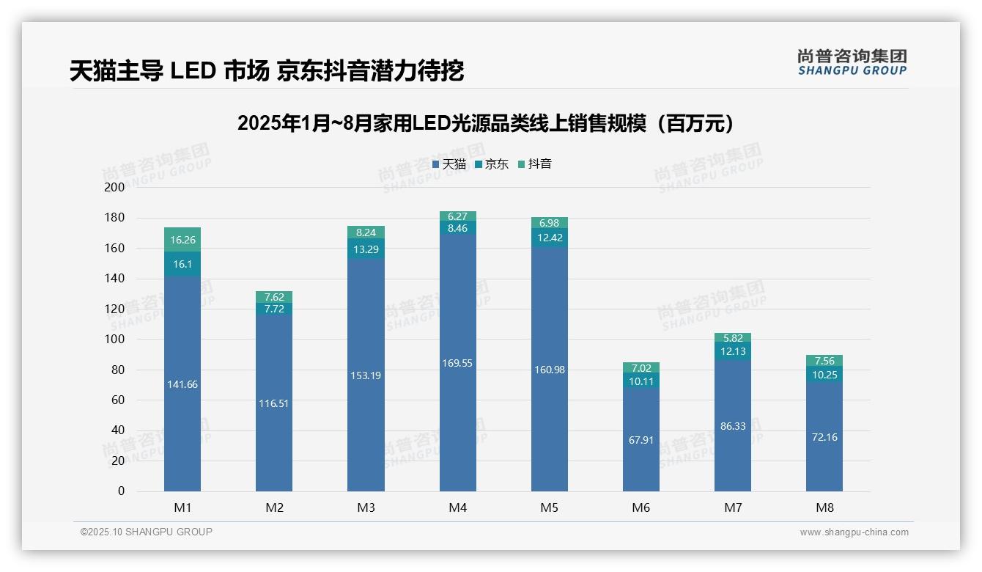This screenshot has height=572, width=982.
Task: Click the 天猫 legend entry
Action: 449,164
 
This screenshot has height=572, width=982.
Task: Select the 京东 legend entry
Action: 492,164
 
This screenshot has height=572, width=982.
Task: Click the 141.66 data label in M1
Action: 182,384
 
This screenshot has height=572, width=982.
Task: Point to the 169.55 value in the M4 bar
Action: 457,363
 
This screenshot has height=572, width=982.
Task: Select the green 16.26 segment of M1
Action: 182,240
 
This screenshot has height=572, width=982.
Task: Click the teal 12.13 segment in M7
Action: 733,351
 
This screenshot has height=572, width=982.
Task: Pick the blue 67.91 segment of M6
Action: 641,440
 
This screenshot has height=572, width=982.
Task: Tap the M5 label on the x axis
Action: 549,507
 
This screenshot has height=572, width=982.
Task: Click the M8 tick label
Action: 824,507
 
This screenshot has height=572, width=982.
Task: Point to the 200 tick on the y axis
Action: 115,187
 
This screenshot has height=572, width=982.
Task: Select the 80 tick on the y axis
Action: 118,370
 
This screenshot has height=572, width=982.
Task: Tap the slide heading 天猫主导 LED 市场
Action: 267,71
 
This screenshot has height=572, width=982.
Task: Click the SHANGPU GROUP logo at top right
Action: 852,62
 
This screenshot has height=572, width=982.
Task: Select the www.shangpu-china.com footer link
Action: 854,532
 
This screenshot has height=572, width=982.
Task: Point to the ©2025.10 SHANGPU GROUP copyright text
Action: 147,532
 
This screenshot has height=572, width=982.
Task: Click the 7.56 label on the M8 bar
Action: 824,361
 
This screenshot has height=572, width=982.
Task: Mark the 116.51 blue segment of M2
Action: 274,403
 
